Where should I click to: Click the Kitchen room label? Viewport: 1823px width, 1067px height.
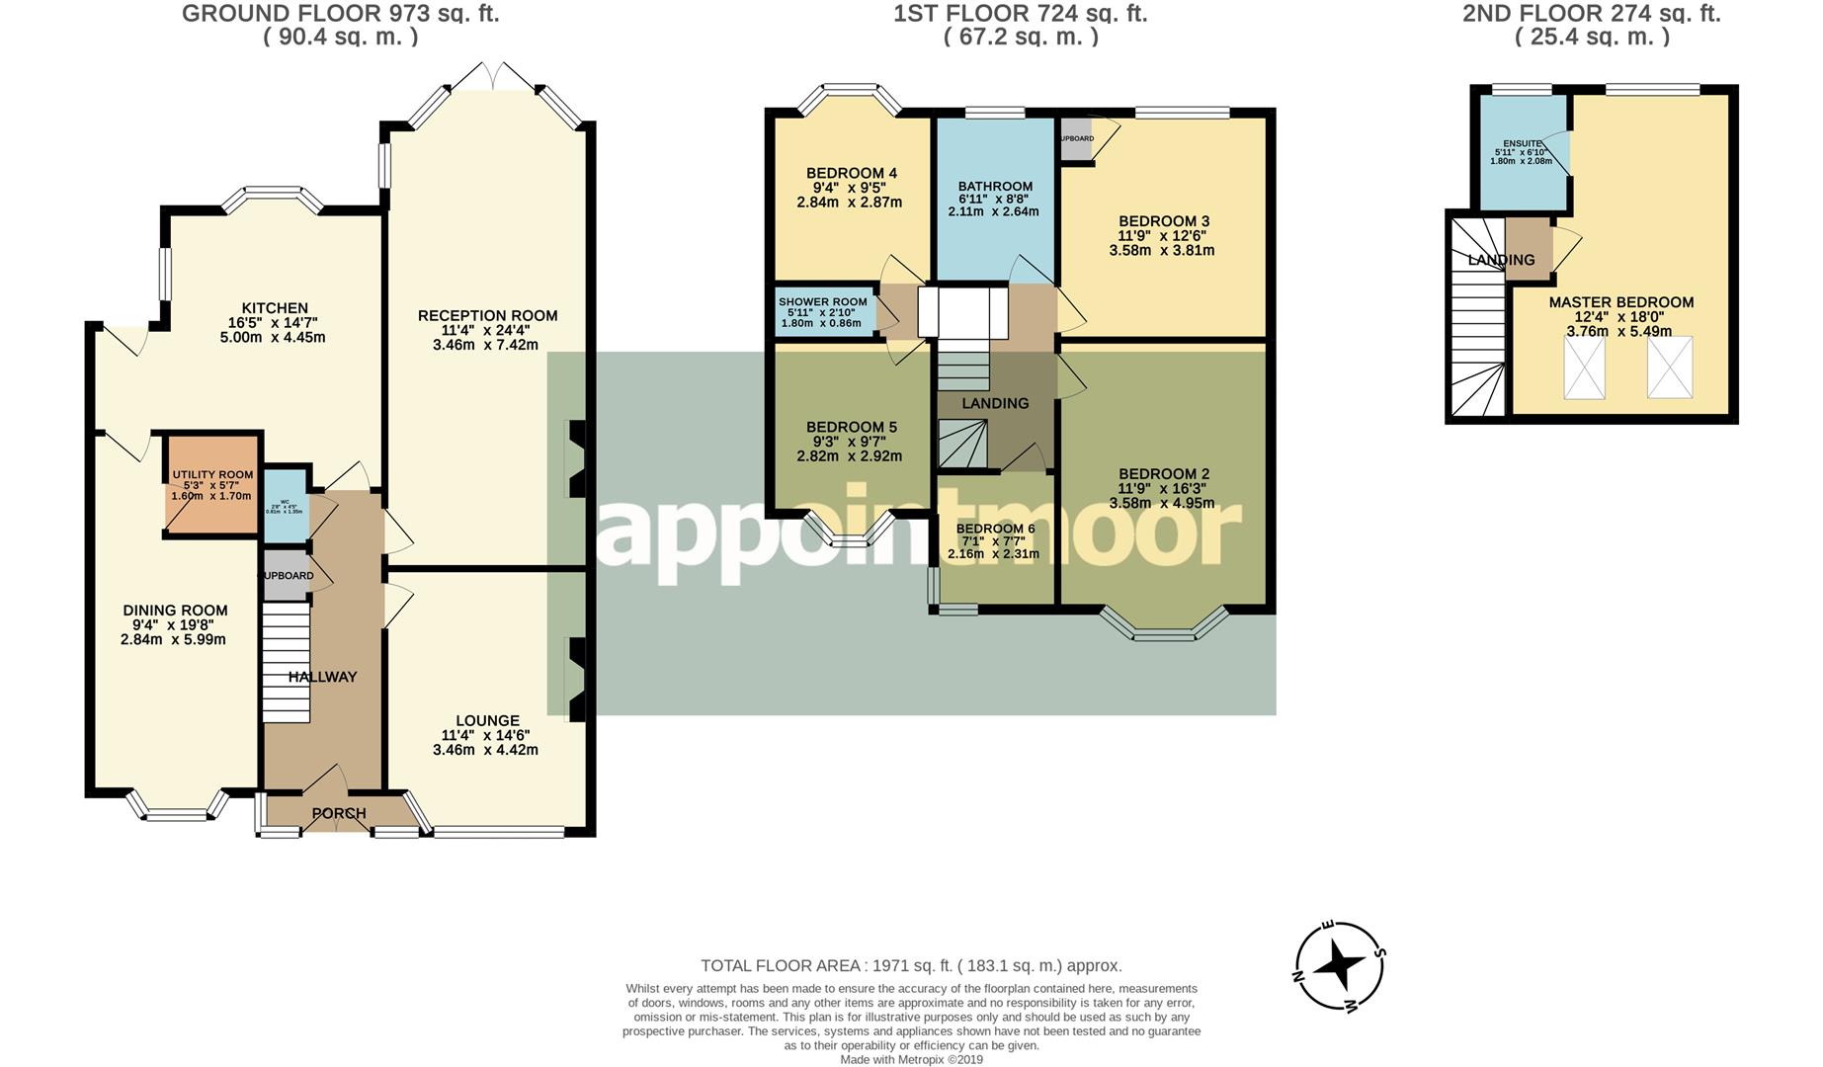(275, 308)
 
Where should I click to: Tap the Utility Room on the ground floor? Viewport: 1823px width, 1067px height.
(212, 485)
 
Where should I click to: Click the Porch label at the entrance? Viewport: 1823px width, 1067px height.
(339, 813)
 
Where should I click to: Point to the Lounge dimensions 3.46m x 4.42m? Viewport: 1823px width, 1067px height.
(485, 750)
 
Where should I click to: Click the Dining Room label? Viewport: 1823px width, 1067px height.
(175, 611)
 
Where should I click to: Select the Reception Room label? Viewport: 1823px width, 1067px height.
(487, 316)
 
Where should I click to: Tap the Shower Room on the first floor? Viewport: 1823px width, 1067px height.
(822, 311)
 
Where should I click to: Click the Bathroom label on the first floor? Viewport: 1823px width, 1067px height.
(995, 186)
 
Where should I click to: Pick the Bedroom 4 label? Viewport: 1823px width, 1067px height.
(851, 173)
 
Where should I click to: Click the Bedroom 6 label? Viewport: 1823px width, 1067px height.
(995, 529)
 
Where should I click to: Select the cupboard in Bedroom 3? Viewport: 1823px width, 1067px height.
(1077, 139)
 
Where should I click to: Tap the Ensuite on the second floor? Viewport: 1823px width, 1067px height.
(1521, 152)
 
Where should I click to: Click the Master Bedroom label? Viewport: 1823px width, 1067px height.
(1620, 302)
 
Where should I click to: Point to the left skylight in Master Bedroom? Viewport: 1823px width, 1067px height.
(1584, 368)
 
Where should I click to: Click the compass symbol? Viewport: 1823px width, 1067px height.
(1339, 966)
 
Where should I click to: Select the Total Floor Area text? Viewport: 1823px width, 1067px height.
(911, 965)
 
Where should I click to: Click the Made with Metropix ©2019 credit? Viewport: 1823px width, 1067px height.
(911, 1059)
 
